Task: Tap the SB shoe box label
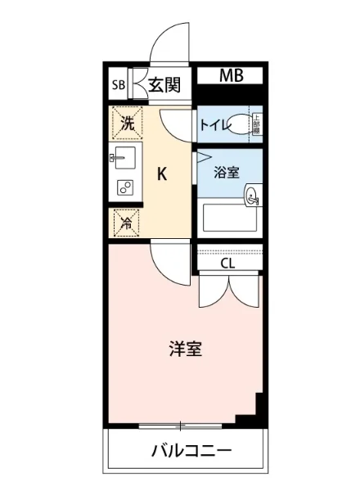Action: point(118,83)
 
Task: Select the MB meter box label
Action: point(230,76)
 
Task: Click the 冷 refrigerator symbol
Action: point(126,221)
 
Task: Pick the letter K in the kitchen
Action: point(162,173)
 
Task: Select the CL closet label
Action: point(228,264)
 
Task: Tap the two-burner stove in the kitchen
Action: point(125,187)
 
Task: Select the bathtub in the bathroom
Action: point(230,219)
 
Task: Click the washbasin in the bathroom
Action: point(252,195)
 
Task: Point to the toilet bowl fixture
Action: point(238,124)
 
